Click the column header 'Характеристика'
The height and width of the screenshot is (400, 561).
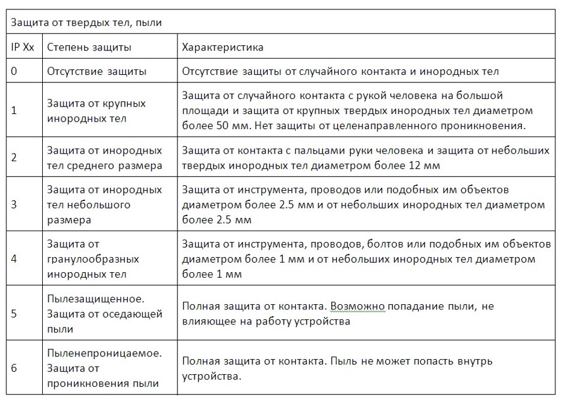coord(222,47)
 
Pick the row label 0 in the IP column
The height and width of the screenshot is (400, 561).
coord(14,71)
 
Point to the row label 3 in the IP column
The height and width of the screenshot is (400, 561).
coord(14,205)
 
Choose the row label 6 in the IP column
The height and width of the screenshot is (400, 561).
coord(14,369)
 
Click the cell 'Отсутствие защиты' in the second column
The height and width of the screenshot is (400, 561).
coord(96,71)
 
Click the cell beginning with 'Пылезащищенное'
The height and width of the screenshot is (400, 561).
coord(105,313)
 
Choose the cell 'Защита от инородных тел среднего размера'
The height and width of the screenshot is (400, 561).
coord(105,157)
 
